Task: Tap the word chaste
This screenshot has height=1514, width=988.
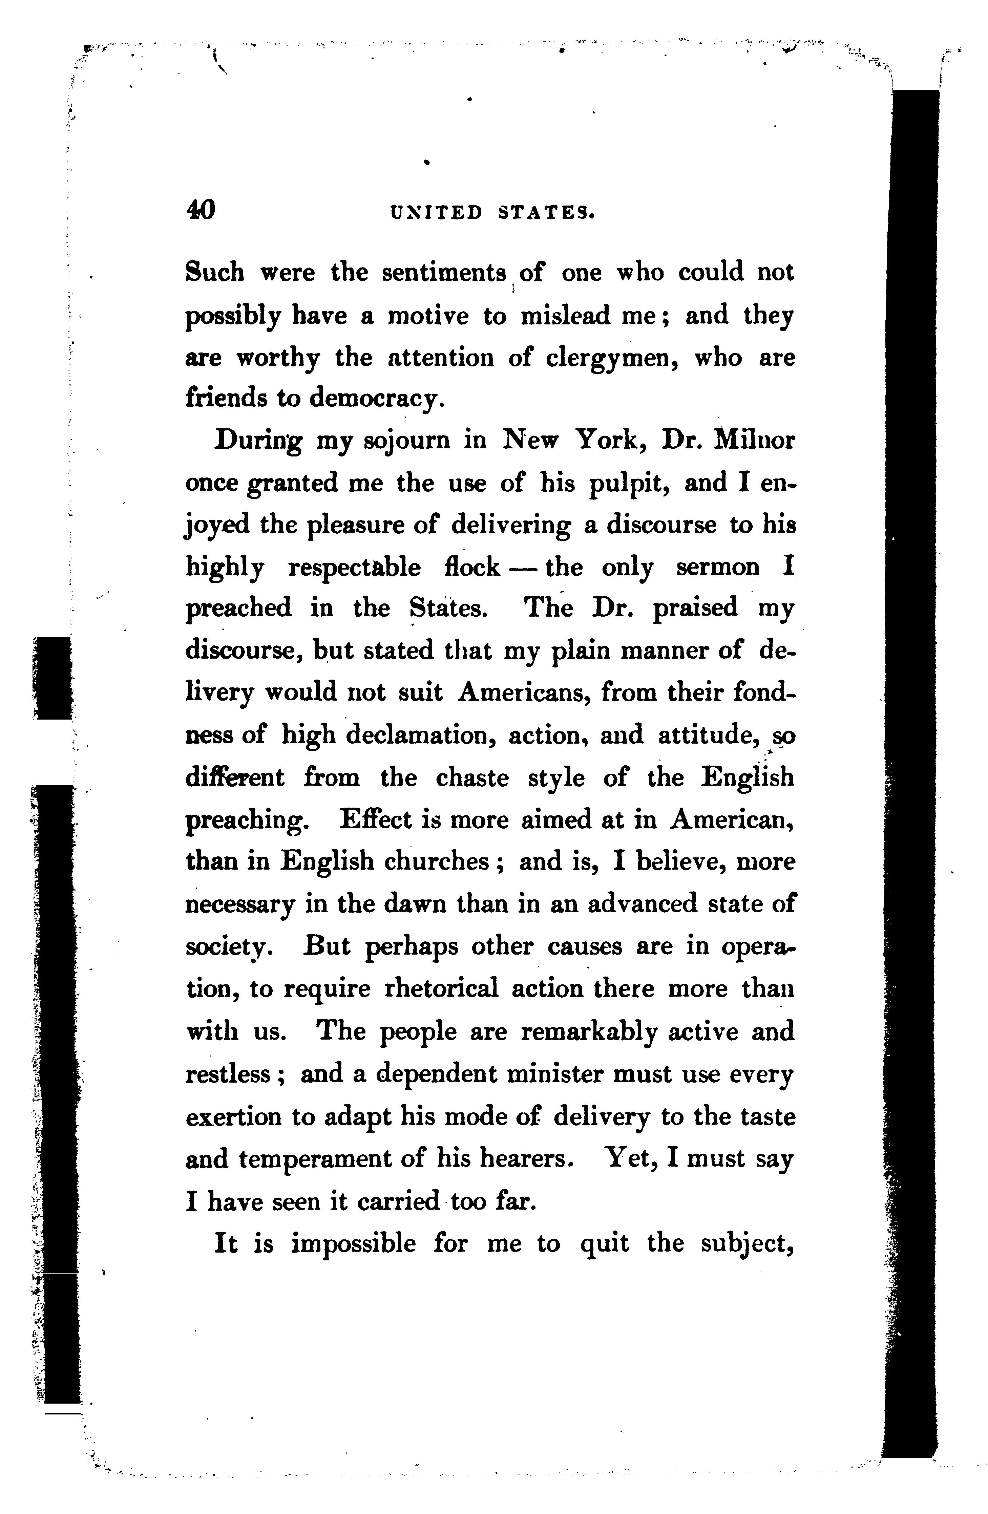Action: [472, 777]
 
